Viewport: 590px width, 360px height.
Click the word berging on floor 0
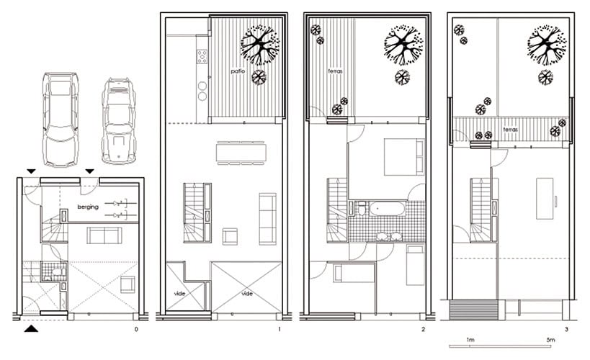(x=88, y=207)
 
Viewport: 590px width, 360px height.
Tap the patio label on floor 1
(x=238, y=71)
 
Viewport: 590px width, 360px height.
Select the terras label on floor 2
(x=335, y=71)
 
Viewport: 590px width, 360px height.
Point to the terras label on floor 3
(x=511, y=130)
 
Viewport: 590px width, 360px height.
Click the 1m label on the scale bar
(x=470, y=340)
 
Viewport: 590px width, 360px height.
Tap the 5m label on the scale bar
(x=550, y=340)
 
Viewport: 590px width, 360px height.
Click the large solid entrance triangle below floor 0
(x=31, y=329)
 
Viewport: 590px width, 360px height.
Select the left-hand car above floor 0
(x=61, y=120)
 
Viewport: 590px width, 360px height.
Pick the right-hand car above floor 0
(x=119, y=121)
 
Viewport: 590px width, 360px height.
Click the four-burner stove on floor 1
(x=202, y=56)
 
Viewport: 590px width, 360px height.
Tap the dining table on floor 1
(x=241, y=153)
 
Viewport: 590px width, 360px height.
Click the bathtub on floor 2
(x=387, y=209)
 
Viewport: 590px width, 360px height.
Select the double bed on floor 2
(x=404, y=157)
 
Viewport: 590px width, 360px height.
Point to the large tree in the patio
(x=260, y=45)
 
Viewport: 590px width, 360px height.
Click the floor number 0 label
(x=136, y=330)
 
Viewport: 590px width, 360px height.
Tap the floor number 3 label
(x=567, y=330)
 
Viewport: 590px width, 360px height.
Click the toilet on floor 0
(x=57, y=271)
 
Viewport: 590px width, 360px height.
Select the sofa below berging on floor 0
(x=104, y=235)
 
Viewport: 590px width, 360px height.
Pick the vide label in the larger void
(x=247, y=294)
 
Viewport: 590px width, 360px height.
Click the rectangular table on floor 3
(x=545, y=199)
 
